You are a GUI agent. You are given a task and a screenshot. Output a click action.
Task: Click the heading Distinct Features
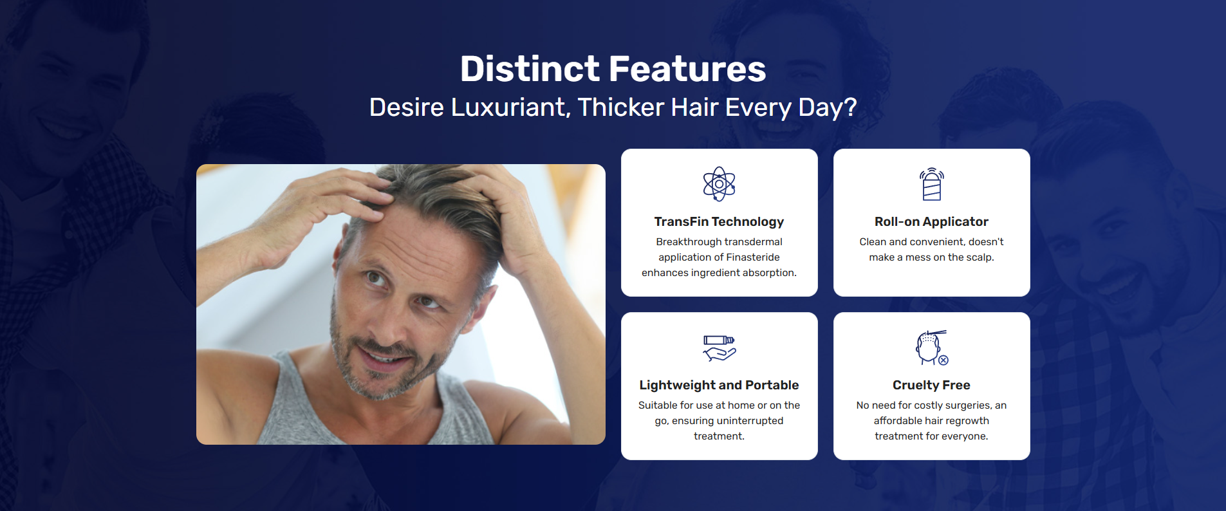[613, 69]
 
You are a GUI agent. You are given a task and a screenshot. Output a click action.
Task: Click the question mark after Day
[851, 107]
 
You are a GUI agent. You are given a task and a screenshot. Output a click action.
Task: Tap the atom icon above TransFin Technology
[719, 184]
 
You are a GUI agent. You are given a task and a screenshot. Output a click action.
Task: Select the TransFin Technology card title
[719, 221]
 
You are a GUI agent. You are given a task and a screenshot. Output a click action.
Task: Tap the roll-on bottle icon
[931, 184]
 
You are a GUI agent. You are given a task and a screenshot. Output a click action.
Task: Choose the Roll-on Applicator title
[931, 221]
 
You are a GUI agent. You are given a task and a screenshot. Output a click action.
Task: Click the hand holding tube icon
[719, 348]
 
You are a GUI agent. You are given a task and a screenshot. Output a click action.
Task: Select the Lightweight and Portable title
[719, 385]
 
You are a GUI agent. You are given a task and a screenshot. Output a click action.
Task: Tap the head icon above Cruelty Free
[931, 348]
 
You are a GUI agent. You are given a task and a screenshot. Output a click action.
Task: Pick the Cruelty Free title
[931, 385]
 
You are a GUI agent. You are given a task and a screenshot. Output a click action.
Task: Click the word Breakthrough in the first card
[684, 242]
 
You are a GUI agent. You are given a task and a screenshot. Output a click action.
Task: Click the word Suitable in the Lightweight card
[658, 405]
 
